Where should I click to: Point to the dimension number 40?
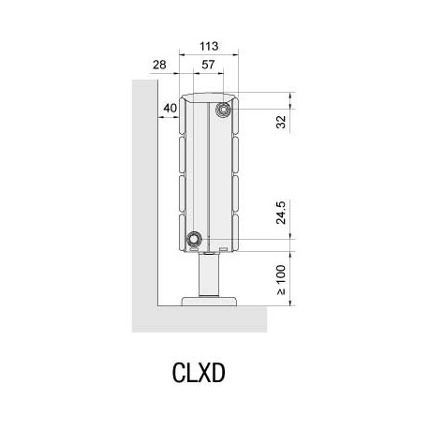pyautogui.click(x=170, y=109)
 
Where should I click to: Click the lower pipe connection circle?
pyautogui.click(x=195, y=238)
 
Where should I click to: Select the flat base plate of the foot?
pyautogui.click(x=211, y=301)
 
